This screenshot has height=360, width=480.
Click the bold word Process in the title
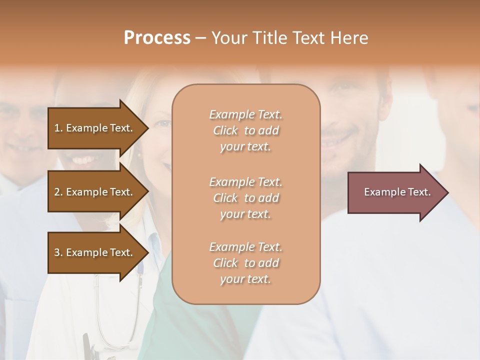pyautogui.click(x=157, y=38)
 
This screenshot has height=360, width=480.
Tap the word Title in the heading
pyautogui.click(x=270, y=38)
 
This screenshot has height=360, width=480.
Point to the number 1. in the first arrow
pyautogui.click(x=58, y=128)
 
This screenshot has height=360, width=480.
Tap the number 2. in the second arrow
pyautogui.click(x=58, y=192)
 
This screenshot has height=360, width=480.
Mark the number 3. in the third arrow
pyautogui.click(x=58, y=252)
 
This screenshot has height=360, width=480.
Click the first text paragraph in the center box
pyautogui.click(x=245, y=130)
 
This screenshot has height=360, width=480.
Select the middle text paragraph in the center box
pyautogui.click(x=245, y=198)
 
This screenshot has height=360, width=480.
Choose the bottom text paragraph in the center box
pyautogui.click(x=245, y=263)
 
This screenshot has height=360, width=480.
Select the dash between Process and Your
pyautogui.click(x=200, y=38)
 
